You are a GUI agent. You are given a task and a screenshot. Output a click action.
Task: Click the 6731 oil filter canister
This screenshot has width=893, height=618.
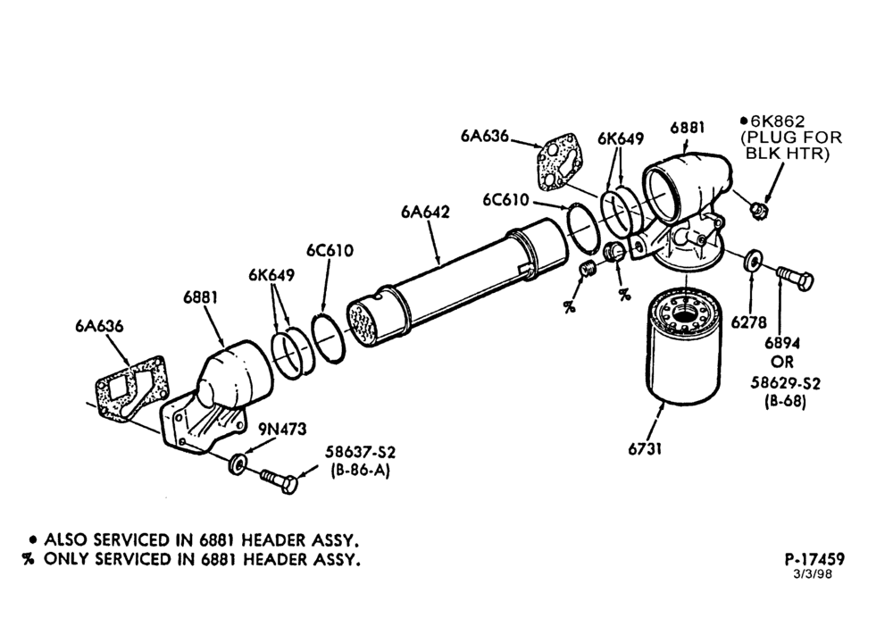tap(684, 347)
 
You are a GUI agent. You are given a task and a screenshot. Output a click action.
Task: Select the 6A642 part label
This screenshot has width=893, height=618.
tap(425, 212)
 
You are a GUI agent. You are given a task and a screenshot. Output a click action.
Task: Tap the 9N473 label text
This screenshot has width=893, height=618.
tap(282, 429)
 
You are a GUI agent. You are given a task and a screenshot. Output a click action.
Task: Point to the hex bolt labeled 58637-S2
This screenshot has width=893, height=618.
tap(279, 480)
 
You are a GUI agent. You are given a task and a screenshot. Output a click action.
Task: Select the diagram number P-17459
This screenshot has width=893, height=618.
tap(814, 559)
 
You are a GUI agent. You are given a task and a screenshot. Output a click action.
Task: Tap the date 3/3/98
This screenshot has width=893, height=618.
tap(813, 573)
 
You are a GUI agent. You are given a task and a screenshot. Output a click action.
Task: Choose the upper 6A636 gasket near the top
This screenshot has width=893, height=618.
tap(559, 160)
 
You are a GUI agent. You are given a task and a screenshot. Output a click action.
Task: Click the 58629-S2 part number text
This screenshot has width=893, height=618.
tap(785, 383)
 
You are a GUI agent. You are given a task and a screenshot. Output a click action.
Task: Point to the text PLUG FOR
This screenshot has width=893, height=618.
tap(791, 138)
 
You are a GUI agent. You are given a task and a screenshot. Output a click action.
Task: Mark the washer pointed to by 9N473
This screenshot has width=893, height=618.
tap(237, 463)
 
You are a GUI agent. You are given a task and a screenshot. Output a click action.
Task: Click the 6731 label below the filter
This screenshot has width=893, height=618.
tap(646, 449)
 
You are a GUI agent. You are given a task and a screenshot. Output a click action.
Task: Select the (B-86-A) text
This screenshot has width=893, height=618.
tap(360, 471)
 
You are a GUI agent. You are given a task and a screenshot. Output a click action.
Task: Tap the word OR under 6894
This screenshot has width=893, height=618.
tap(782, 363)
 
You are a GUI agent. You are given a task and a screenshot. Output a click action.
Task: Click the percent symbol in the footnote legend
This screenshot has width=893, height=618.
tap(28, 559)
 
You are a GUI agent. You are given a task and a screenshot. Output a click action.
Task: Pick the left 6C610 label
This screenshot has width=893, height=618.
tap(330, 251)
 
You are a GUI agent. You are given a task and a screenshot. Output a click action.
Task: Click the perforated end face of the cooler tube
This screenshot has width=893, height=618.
tap(365, 322)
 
